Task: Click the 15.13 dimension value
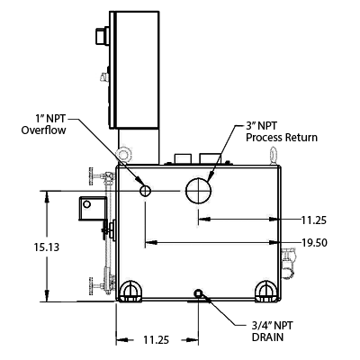(47, 247)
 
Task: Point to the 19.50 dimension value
(314, 243)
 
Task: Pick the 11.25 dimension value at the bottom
(156, 340)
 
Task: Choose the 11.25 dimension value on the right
(314, 220)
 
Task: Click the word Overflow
(43, 130)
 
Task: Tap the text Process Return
(282, 138)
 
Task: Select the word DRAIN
(267, 337)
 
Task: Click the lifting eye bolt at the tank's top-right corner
(274, 155)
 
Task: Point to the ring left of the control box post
(123, 155)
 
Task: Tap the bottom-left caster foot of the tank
(130, 291)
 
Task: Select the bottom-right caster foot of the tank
(265, 291)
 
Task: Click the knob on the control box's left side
(103, 36)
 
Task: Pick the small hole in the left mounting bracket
(86, 204)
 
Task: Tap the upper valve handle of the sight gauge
(91, 176)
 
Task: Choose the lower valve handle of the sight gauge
(91, 286)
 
